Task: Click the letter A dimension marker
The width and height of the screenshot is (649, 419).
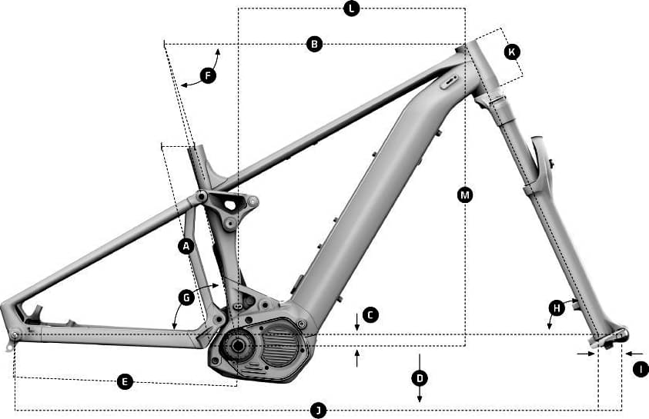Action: [186, 247]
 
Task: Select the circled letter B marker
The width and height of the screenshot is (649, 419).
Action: [314, 43]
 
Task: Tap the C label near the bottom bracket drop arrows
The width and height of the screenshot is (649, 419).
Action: [370, 315]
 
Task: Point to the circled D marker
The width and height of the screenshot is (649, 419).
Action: [420, 378]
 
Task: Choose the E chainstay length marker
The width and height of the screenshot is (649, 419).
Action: [125, 381]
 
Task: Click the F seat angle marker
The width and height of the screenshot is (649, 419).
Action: [208, 75]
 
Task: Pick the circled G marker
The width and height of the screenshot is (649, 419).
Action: [186, 298]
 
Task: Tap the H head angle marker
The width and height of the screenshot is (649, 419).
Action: [557, 308]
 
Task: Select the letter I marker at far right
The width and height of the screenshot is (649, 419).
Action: [641, 369]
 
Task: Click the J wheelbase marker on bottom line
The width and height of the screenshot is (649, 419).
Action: [318, 411]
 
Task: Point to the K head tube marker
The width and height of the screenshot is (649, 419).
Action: [512, 52]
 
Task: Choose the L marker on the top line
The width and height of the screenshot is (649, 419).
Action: [351, 8]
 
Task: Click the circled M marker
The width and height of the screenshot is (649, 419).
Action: [465, 195]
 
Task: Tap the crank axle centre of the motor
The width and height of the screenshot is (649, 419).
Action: [237, 345]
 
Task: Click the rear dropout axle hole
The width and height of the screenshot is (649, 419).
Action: [15, 334]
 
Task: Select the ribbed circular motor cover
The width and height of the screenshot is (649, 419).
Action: [279, 345]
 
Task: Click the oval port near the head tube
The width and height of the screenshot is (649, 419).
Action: [449, 81]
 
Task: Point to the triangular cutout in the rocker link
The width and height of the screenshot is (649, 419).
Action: [230, 205]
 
